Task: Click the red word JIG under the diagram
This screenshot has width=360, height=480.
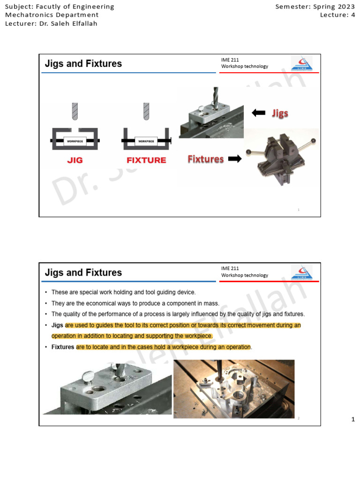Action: [x=75, y=160]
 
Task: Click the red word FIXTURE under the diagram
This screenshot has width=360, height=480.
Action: [x=146, y=160]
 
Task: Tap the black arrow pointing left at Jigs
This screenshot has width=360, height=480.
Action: [x=258, y=112]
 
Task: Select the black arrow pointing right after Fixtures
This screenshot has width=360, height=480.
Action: [x=234, y=159]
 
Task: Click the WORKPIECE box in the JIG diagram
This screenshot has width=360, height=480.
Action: [x=75, y=141]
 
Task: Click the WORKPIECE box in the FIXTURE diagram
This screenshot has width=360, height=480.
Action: [x=146, y=141]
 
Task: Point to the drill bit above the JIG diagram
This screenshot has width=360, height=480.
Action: [x=75, y=112]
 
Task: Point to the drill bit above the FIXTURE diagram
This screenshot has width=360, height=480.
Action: [x=146, y=112]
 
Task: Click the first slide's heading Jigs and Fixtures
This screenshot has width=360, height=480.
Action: [x=83, y=64]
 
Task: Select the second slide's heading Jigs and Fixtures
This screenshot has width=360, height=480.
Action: [x=83, y=272]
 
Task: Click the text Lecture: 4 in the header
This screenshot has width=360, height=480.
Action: [x=337, y=15]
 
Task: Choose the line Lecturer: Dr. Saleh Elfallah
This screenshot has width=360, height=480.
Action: [x=51, y=23]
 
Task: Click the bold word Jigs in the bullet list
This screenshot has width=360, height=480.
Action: [x=57, y=325]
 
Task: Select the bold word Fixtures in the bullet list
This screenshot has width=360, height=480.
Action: [x=63, y=347]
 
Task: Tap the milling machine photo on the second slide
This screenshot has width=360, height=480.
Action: [x=234, y=389]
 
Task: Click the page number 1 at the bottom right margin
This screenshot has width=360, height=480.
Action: [x=353, y=420]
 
